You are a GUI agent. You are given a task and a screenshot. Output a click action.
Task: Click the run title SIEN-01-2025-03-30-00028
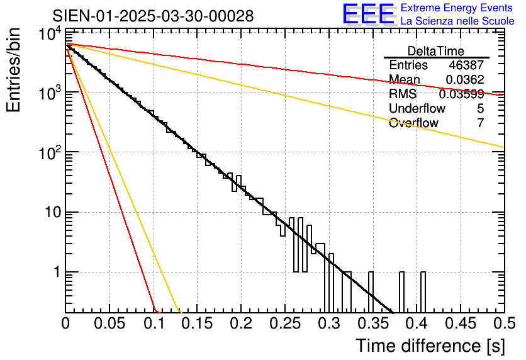153,16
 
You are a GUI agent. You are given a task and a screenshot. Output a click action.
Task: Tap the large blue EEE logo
368,14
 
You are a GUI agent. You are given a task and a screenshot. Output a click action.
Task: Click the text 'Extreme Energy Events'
457,8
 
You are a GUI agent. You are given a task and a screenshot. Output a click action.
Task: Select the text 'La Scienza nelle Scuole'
457,21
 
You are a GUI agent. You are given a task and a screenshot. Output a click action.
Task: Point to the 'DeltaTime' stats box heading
436,51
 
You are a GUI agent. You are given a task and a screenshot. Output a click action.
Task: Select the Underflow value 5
480,108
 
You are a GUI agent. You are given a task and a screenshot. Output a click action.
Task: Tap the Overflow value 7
480,123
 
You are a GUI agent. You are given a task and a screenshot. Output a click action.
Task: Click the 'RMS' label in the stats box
403,94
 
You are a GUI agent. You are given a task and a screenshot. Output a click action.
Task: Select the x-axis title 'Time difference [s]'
430,346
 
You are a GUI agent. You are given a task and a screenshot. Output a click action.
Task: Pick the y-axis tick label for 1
53,273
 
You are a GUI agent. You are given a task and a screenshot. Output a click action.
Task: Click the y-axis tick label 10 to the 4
48,35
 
